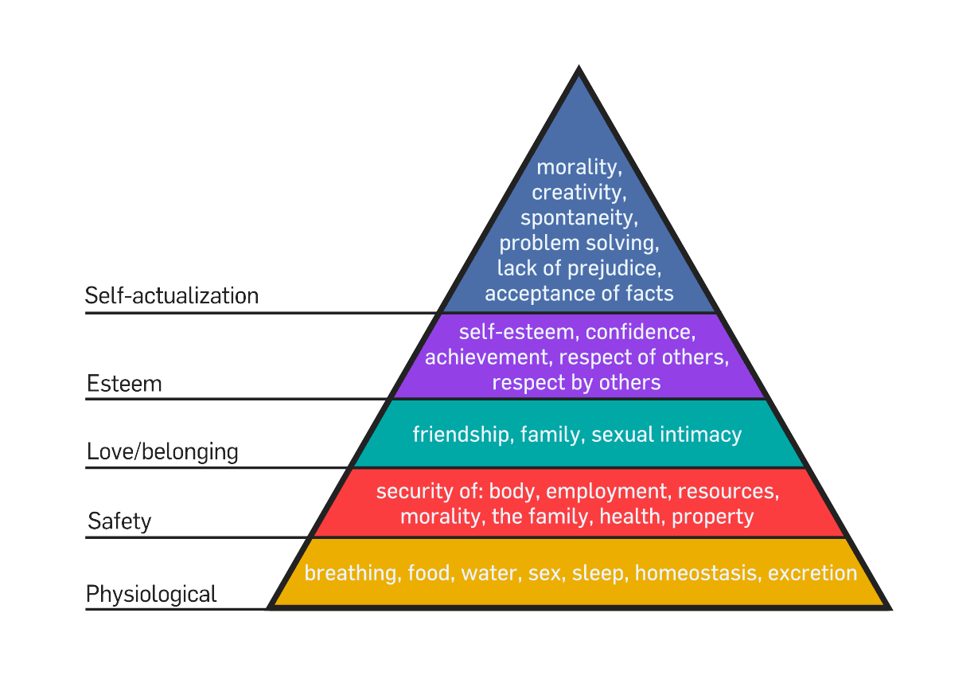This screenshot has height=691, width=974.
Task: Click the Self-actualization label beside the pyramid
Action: [x=172, y=296]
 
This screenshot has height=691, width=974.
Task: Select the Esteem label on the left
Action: [x=124, y=384]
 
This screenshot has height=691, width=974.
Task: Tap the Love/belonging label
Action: [x=162, y=452]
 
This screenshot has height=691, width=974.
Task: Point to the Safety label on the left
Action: [x=119, y=521]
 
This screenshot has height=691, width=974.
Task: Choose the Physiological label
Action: [x=151, y=594]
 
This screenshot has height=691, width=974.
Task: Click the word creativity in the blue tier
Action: [x=577, y=192]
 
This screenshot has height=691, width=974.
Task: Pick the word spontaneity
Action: [x=579, y=217]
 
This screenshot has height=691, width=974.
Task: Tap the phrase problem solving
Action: [x=579, y=242]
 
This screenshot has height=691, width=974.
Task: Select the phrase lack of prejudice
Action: [x=579, y=267]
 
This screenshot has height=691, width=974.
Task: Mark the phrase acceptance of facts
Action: [x=579, y=293]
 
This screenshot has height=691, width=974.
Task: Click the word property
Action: [x=712, y=516]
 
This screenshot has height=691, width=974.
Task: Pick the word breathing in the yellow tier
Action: [x=351, y=573]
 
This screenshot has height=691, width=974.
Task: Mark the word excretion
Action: [x=812, y=573]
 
